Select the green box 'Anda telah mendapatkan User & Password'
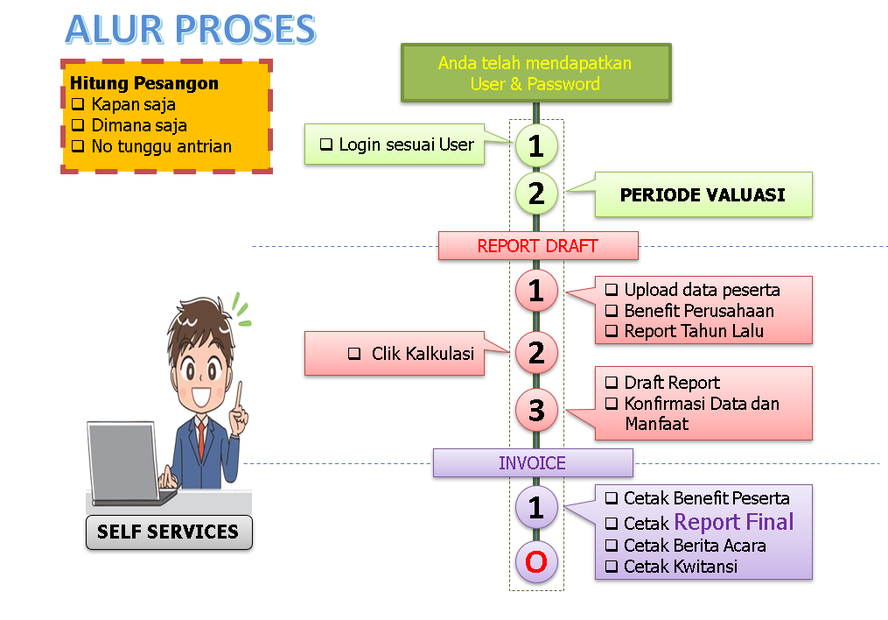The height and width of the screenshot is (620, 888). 535,74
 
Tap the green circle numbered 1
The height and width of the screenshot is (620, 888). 536,146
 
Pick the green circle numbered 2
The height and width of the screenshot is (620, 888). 536,193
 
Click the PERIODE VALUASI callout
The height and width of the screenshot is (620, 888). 703,194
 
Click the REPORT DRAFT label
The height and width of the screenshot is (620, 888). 537,246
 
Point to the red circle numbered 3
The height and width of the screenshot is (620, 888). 536,409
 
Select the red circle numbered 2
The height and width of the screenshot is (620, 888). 536,352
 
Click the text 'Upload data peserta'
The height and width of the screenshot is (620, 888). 702,290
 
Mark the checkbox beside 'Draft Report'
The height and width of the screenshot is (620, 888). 612,383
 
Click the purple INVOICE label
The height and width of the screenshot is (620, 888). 532,463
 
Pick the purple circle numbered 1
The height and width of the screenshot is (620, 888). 536,507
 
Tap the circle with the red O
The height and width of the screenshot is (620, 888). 536,561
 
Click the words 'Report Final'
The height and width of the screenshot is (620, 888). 733,523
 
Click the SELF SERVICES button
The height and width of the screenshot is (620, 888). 168,532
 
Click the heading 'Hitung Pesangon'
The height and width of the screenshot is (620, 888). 144,84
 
